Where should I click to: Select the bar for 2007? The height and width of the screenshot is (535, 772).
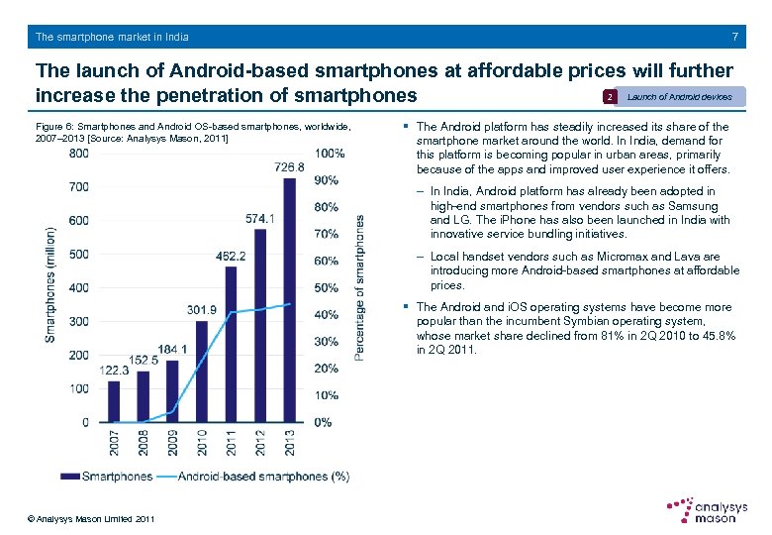[x=114, y=401]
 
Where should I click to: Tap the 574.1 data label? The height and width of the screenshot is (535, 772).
[x=258, y=218]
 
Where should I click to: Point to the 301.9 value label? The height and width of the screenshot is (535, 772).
[x=202, y=310]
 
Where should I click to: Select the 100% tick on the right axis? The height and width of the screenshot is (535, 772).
[x=329, y=154]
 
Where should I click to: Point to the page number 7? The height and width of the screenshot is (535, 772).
[x=734, y=37]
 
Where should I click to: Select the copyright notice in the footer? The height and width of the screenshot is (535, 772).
[x=91, y=519]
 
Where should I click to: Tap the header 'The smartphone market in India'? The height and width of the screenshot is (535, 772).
[x=112, y=37]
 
